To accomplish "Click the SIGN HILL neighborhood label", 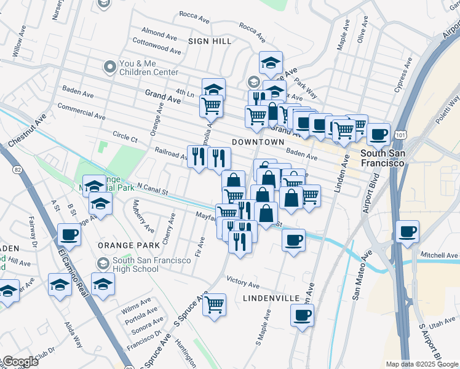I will click(210, 41).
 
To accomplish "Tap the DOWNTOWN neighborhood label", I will click(258, 142).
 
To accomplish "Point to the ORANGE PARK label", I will click(129, 245).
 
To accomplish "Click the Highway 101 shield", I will click(401, 133).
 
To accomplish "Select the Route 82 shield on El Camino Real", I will click(17, 169).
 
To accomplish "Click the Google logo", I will click(20, 361).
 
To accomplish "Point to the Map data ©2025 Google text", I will click(421, 364).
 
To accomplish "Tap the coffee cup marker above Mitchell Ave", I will click(408, 232).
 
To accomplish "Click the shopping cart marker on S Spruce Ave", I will click(214, 304).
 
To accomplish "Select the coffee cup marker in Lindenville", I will click(302, 315).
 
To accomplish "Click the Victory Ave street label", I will click(243, 284).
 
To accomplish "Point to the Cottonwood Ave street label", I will click(156, 45).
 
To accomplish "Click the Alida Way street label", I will click(74, 331).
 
